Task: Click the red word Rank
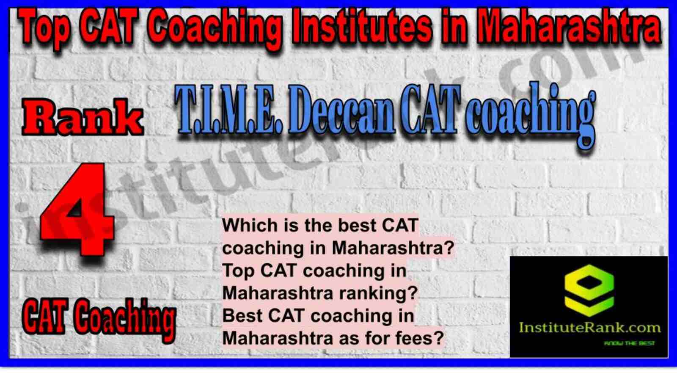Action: tap(82, 118)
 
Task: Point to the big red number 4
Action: tap(78, 209)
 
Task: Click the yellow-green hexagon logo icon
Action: tap(589, 291)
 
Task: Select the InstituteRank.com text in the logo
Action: tap(589, 328)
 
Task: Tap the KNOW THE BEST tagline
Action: tap(629, 343)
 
